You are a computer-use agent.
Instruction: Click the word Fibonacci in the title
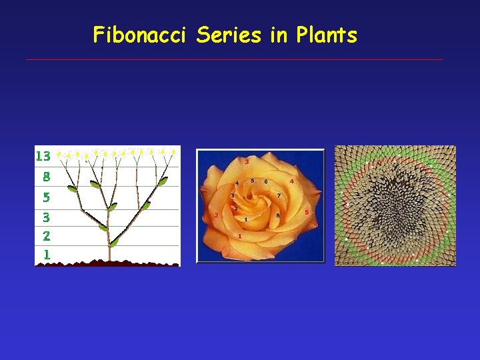click(142, 35)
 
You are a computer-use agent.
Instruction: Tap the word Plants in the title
click(327, 35)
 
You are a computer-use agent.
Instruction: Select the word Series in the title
click(229, 35)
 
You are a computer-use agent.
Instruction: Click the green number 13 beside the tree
click(43, 157)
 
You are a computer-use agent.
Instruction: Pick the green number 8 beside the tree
click(46, 177)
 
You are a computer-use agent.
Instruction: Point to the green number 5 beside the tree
click(46, 197)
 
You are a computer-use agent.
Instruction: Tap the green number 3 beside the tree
click(46, 217)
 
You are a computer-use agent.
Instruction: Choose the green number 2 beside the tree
click(46, 235)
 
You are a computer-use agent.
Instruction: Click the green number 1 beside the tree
click(47, 254)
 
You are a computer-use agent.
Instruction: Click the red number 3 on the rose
click(247, 161)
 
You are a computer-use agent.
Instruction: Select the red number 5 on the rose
click(307, 212)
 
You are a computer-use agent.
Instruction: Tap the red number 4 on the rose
click(292, 181)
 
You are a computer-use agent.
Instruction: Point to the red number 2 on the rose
click(217, 215)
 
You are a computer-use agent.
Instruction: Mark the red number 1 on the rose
click(239, 236)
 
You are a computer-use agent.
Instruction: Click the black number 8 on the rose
click(277, 215)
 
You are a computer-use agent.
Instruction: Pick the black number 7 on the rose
click(279, 195)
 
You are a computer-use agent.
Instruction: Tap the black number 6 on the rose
click(266, 181)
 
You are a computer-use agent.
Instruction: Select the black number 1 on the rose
click(246, 219)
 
